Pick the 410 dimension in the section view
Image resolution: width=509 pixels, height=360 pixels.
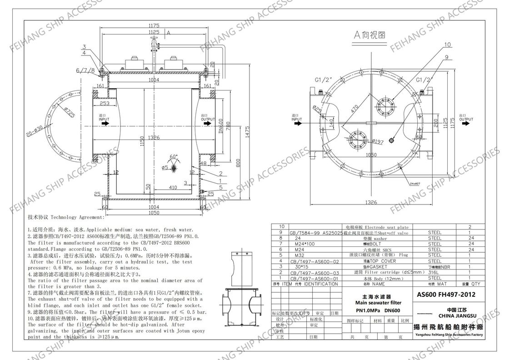click(x=172, y=187)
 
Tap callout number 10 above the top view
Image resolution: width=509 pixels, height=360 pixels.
click(x=447, y=45)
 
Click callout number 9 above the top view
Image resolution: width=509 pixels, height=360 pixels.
click(x=446, y=57)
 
